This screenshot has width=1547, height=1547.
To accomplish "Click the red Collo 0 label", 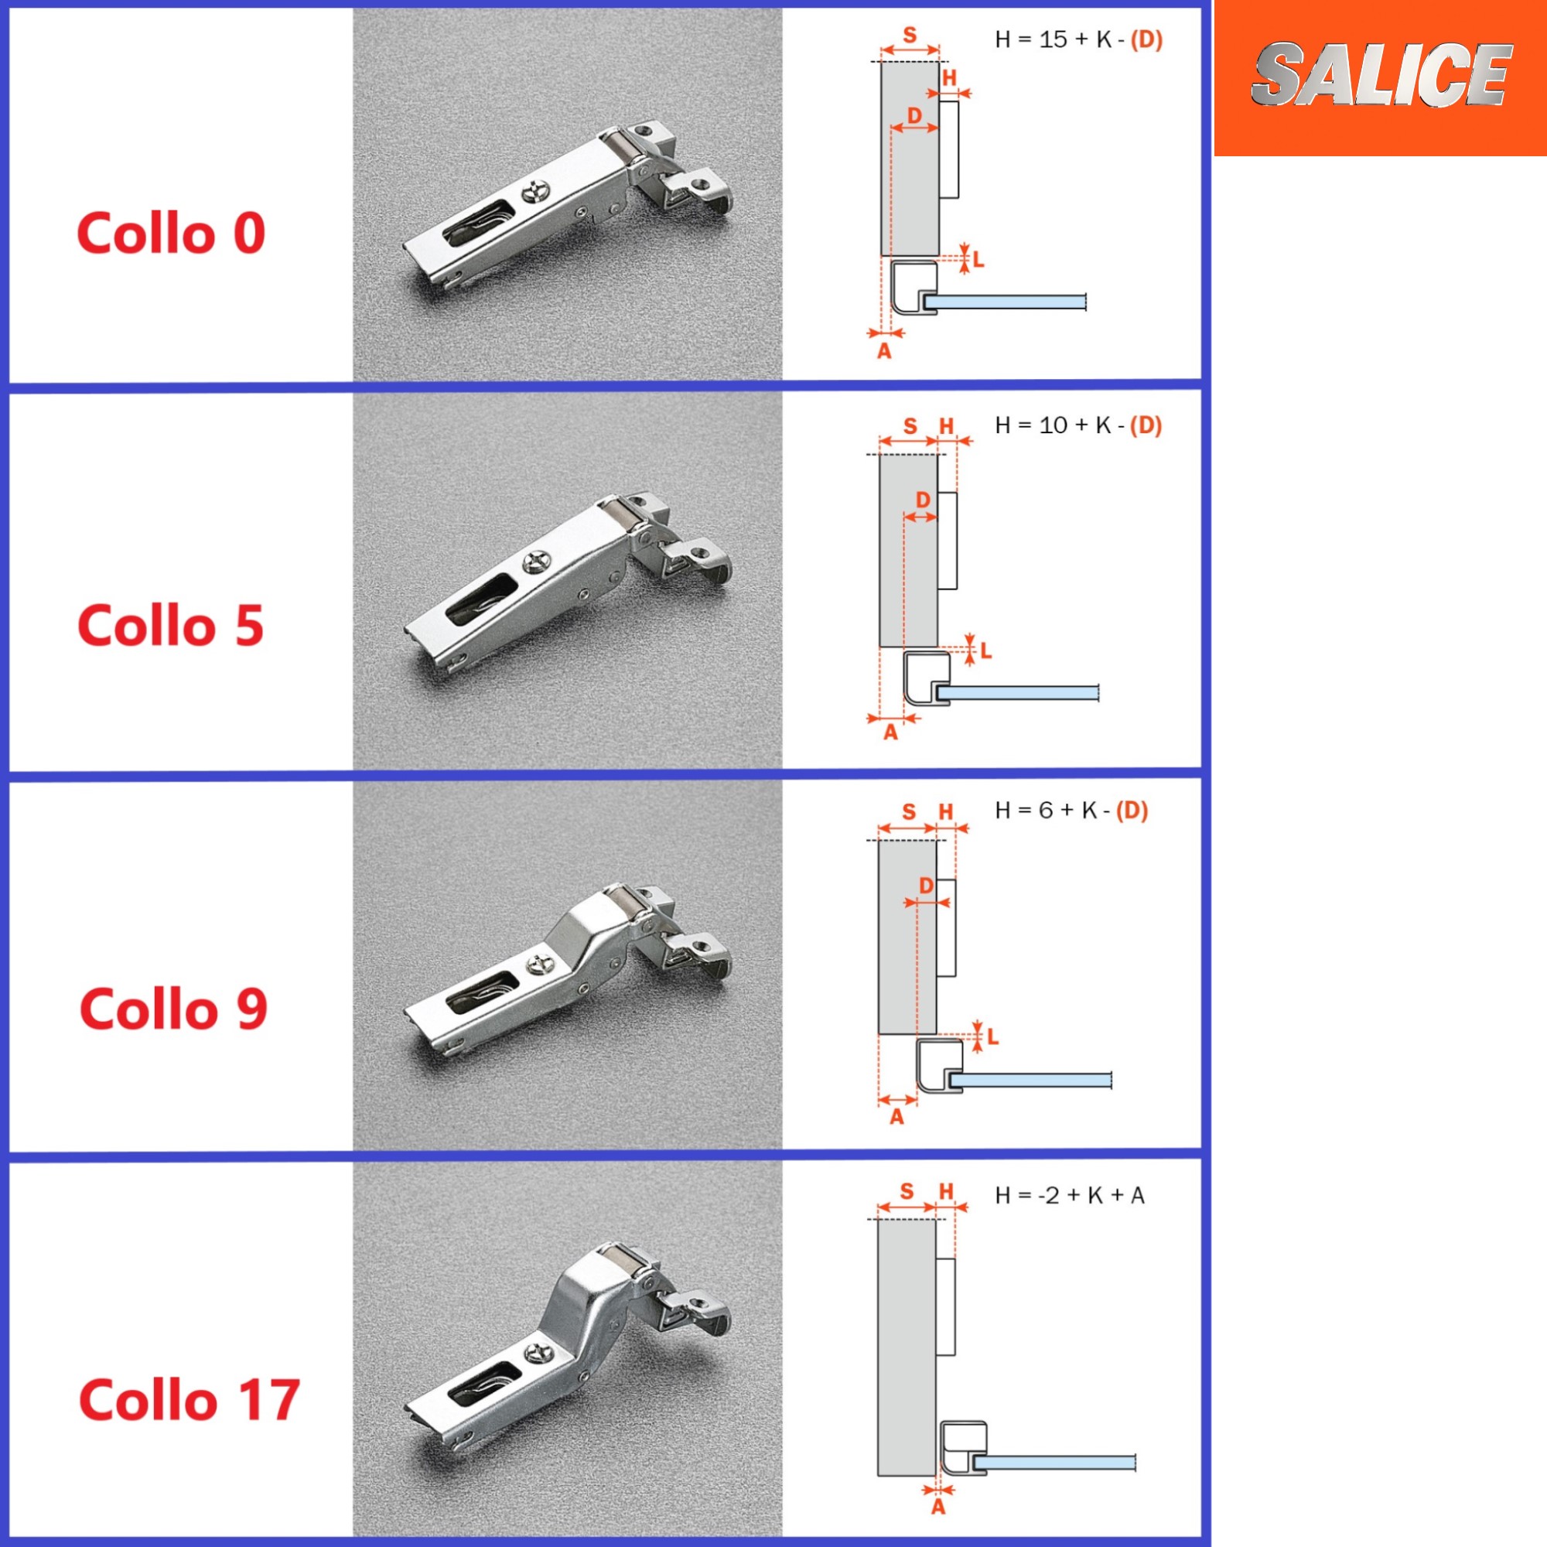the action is coord(170,233).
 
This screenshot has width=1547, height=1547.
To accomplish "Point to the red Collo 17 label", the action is coord(189,1400).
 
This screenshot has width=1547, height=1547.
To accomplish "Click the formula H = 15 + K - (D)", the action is coord(1078,39).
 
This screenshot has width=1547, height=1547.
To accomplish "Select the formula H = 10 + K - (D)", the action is coord(1078,425).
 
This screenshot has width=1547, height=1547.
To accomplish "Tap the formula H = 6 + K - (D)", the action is coord(1071,811).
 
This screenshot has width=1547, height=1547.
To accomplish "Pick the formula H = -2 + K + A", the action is coord(1070,1196).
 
